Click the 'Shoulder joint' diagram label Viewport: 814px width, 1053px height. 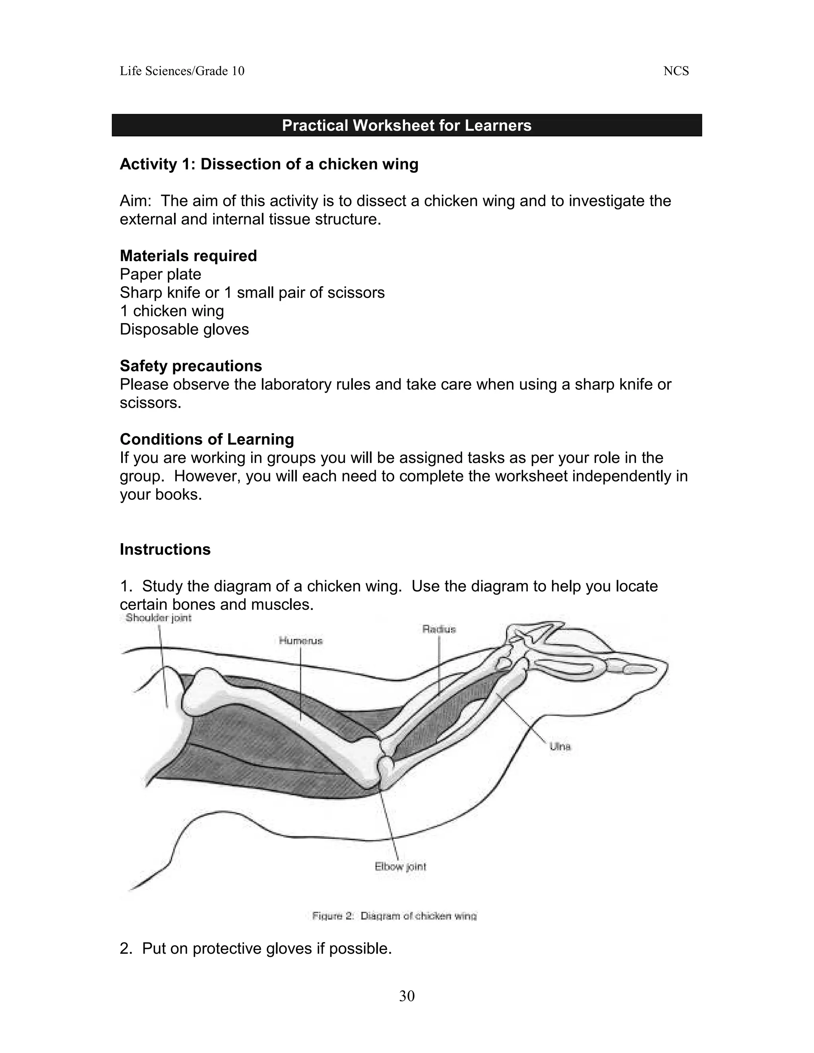pos(158,618)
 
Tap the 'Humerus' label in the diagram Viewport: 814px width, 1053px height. pos(300,641)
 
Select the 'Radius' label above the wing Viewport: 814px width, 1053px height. pos(439,629)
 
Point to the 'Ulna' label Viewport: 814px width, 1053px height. pos(560,747)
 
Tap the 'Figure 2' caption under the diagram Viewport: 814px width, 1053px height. pos(394,916)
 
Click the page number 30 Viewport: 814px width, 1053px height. pos(407,996)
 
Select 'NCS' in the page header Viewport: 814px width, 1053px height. pos(676,72)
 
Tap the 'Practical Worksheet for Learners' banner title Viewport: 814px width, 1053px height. pos(407,125)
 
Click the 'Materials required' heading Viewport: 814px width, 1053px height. pos(188,256)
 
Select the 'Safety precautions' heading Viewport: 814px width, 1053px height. pos(190,366)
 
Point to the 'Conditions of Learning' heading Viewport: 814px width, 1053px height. pos(206,439)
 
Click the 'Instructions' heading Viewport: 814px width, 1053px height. pos(165,550)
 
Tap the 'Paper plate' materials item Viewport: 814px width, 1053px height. pos(160,274)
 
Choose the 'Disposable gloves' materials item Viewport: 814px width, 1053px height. pos(184,329)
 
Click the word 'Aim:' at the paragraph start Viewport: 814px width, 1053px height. pos(136,201)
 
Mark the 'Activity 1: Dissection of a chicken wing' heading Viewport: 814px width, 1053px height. pos(269,165)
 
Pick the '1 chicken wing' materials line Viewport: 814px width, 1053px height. pos(172,311)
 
